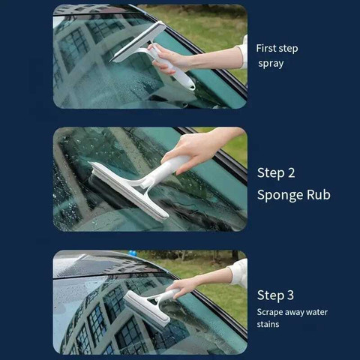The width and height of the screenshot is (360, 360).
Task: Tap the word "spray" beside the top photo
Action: pos(271,64)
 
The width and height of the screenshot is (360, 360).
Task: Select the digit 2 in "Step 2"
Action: pos(291,173)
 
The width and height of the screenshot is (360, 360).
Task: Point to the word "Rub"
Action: pos(319,194)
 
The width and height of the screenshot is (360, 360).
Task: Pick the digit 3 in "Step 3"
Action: pos(290,295)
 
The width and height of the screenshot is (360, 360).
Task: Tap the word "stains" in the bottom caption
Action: pos(268,324)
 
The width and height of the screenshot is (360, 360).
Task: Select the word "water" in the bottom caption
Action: pos(316,312)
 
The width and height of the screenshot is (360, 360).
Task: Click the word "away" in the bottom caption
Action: pos(294,313)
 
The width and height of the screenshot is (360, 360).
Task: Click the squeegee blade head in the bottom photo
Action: pos(148,310)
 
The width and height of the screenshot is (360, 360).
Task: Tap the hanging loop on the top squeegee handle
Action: pos(191,86)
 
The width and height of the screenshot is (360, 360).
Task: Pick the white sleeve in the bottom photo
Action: pos(238,272)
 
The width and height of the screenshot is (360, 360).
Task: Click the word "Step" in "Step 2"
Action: pos(271,173)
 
